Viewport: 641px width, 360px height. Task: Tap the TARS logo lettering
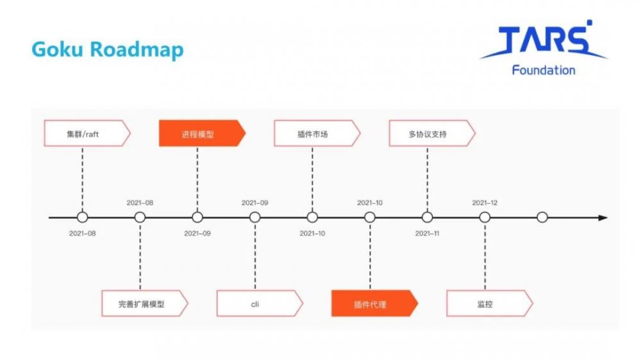(544, 41)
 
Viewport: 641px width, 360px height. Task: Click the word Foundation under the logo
(543, 70)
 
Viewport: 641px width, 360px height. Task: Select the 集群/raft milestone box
(86, 134)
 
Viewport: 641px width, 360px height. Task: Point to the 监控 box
(488, 304)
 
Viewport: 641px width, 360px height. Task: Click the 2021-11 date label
(428, 233)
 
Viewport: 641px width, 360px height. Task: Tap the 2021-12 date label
(485, 202)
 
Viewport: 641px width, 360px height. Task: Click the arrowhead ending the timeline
(603, 218)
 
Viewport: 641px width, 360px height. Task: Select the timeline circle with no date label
(542, 218)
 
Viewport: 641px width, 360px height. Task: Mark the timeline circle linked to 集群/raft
(82, 218)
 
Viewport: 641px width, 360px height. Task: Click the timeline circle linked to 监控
(485, 218)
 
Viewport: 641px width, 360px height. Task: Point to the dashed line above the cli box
(255, 256)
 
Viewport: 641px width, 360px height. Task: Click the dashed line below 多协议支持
(428, 179)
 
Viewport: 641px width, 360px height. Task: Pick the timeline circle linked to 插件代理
(370, 218)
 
